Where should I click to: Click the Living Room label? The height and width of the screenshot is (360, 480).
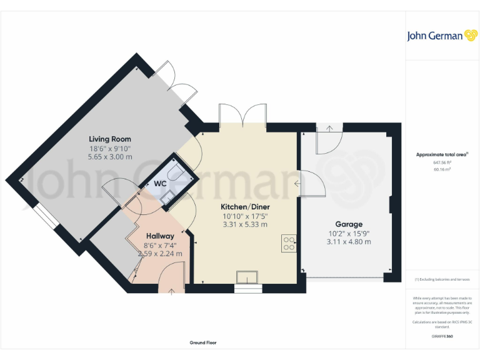[x=110, y=139]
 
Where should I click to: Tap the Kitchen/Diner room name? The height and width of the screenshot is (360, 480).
[x=244, y=206]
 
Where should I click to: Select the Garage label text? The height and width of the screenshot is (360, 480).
[x=348, y=224]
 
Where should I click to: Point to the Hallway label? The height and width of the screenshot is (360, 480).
[x=160, y=236]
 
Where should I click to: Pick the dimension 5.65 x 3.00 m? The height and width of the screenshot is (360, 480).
[x=110, y=157]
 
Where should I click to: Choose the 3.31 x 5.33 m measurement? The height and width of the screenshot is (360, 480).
[x=244, y=224]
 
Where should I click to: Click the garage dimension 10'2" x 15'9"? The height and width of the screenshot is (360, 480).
[x=348, y=233]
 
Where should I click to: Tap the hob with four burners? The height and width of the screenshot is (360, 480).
[x=289, y=242]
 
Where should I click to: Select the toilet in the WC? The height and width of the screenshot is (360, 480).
[x=173, y=170]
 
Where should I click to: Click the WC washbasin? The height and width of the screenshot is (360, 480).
[x=166, y=198]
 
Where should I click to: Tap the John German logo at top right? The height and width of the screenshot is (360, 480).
[x=442, y=36]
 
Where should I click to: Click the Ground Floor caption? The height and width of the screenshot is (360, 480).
[x=203, y=342]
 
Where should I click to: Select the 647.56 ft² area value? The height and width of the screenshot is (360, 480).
[x=442, y=162]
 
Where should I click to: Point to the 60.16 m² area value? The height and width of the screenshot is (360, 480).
[x=442, y=169]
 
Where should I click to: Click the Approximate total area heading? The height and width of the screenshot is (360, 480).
[x=442, y=154]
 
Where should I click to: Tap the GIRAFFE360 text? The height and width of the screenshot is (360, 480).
[x=442, y=336]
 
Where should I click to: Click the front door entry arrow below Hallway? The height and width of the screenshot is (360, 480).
[x=172, y=291]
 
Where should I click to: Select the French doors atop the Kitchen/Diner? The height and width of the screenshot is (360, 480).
[x=243, y=116]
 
